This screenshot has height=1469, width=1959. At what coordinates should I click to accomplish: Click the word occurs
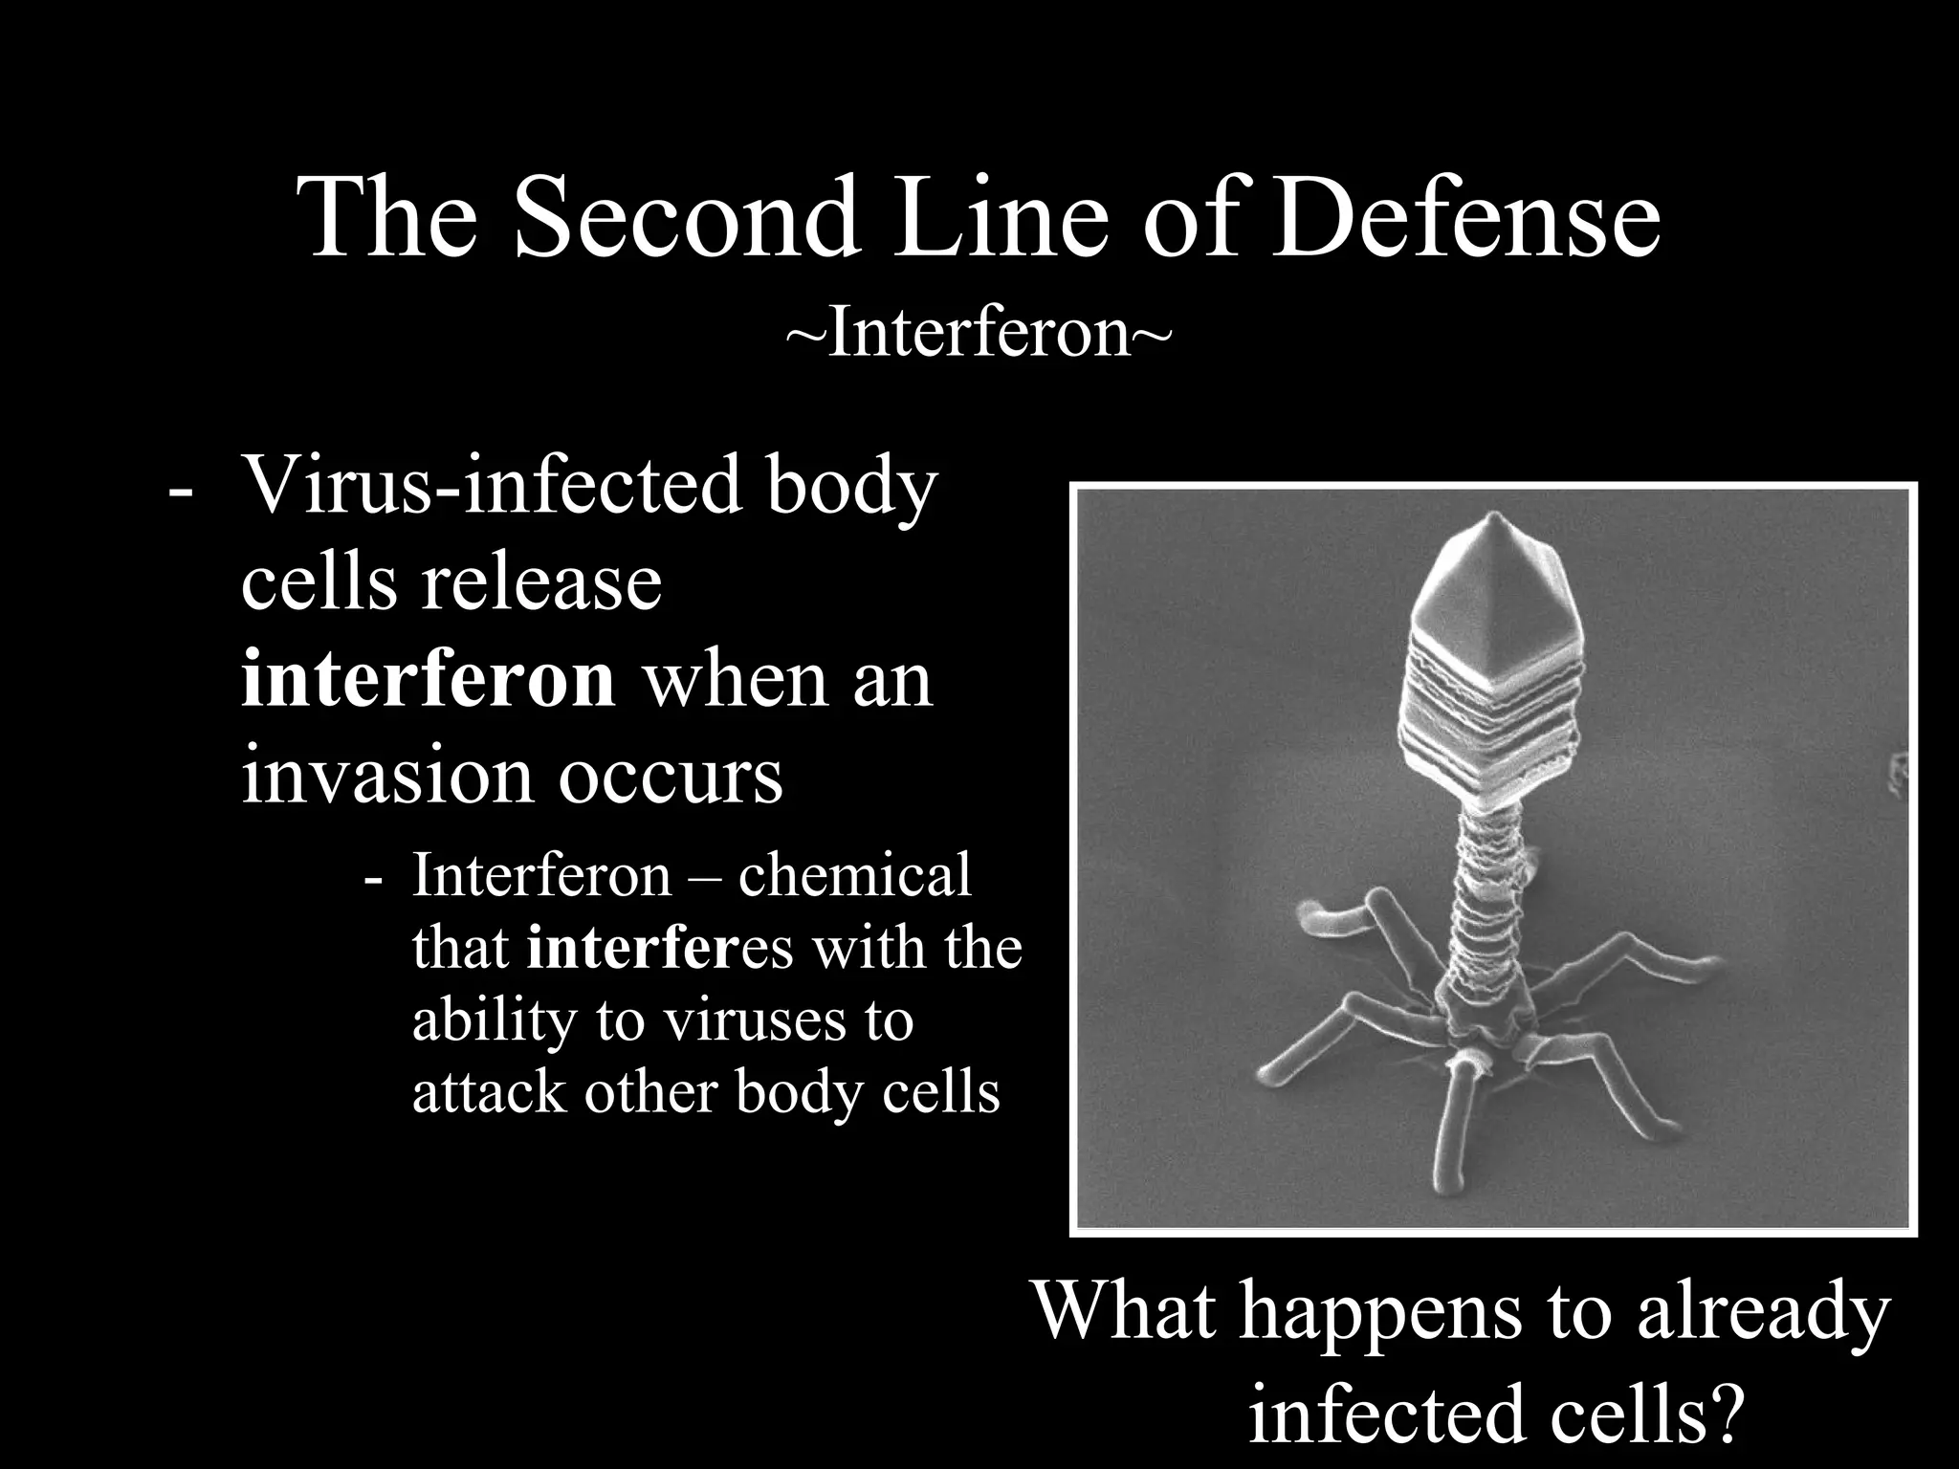671,777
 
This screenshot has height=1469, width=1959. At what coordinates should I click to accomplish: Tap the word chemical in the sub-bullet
854,875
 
